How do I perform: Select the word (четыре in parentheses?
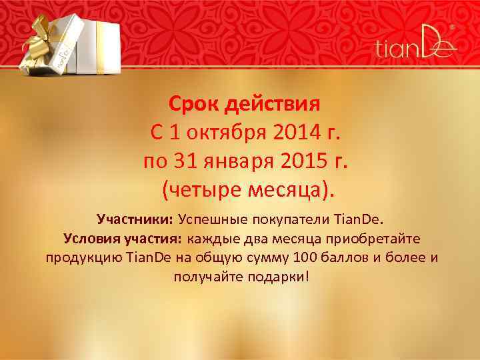(198, 191)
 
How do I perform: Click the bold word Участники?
(135, 219)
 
